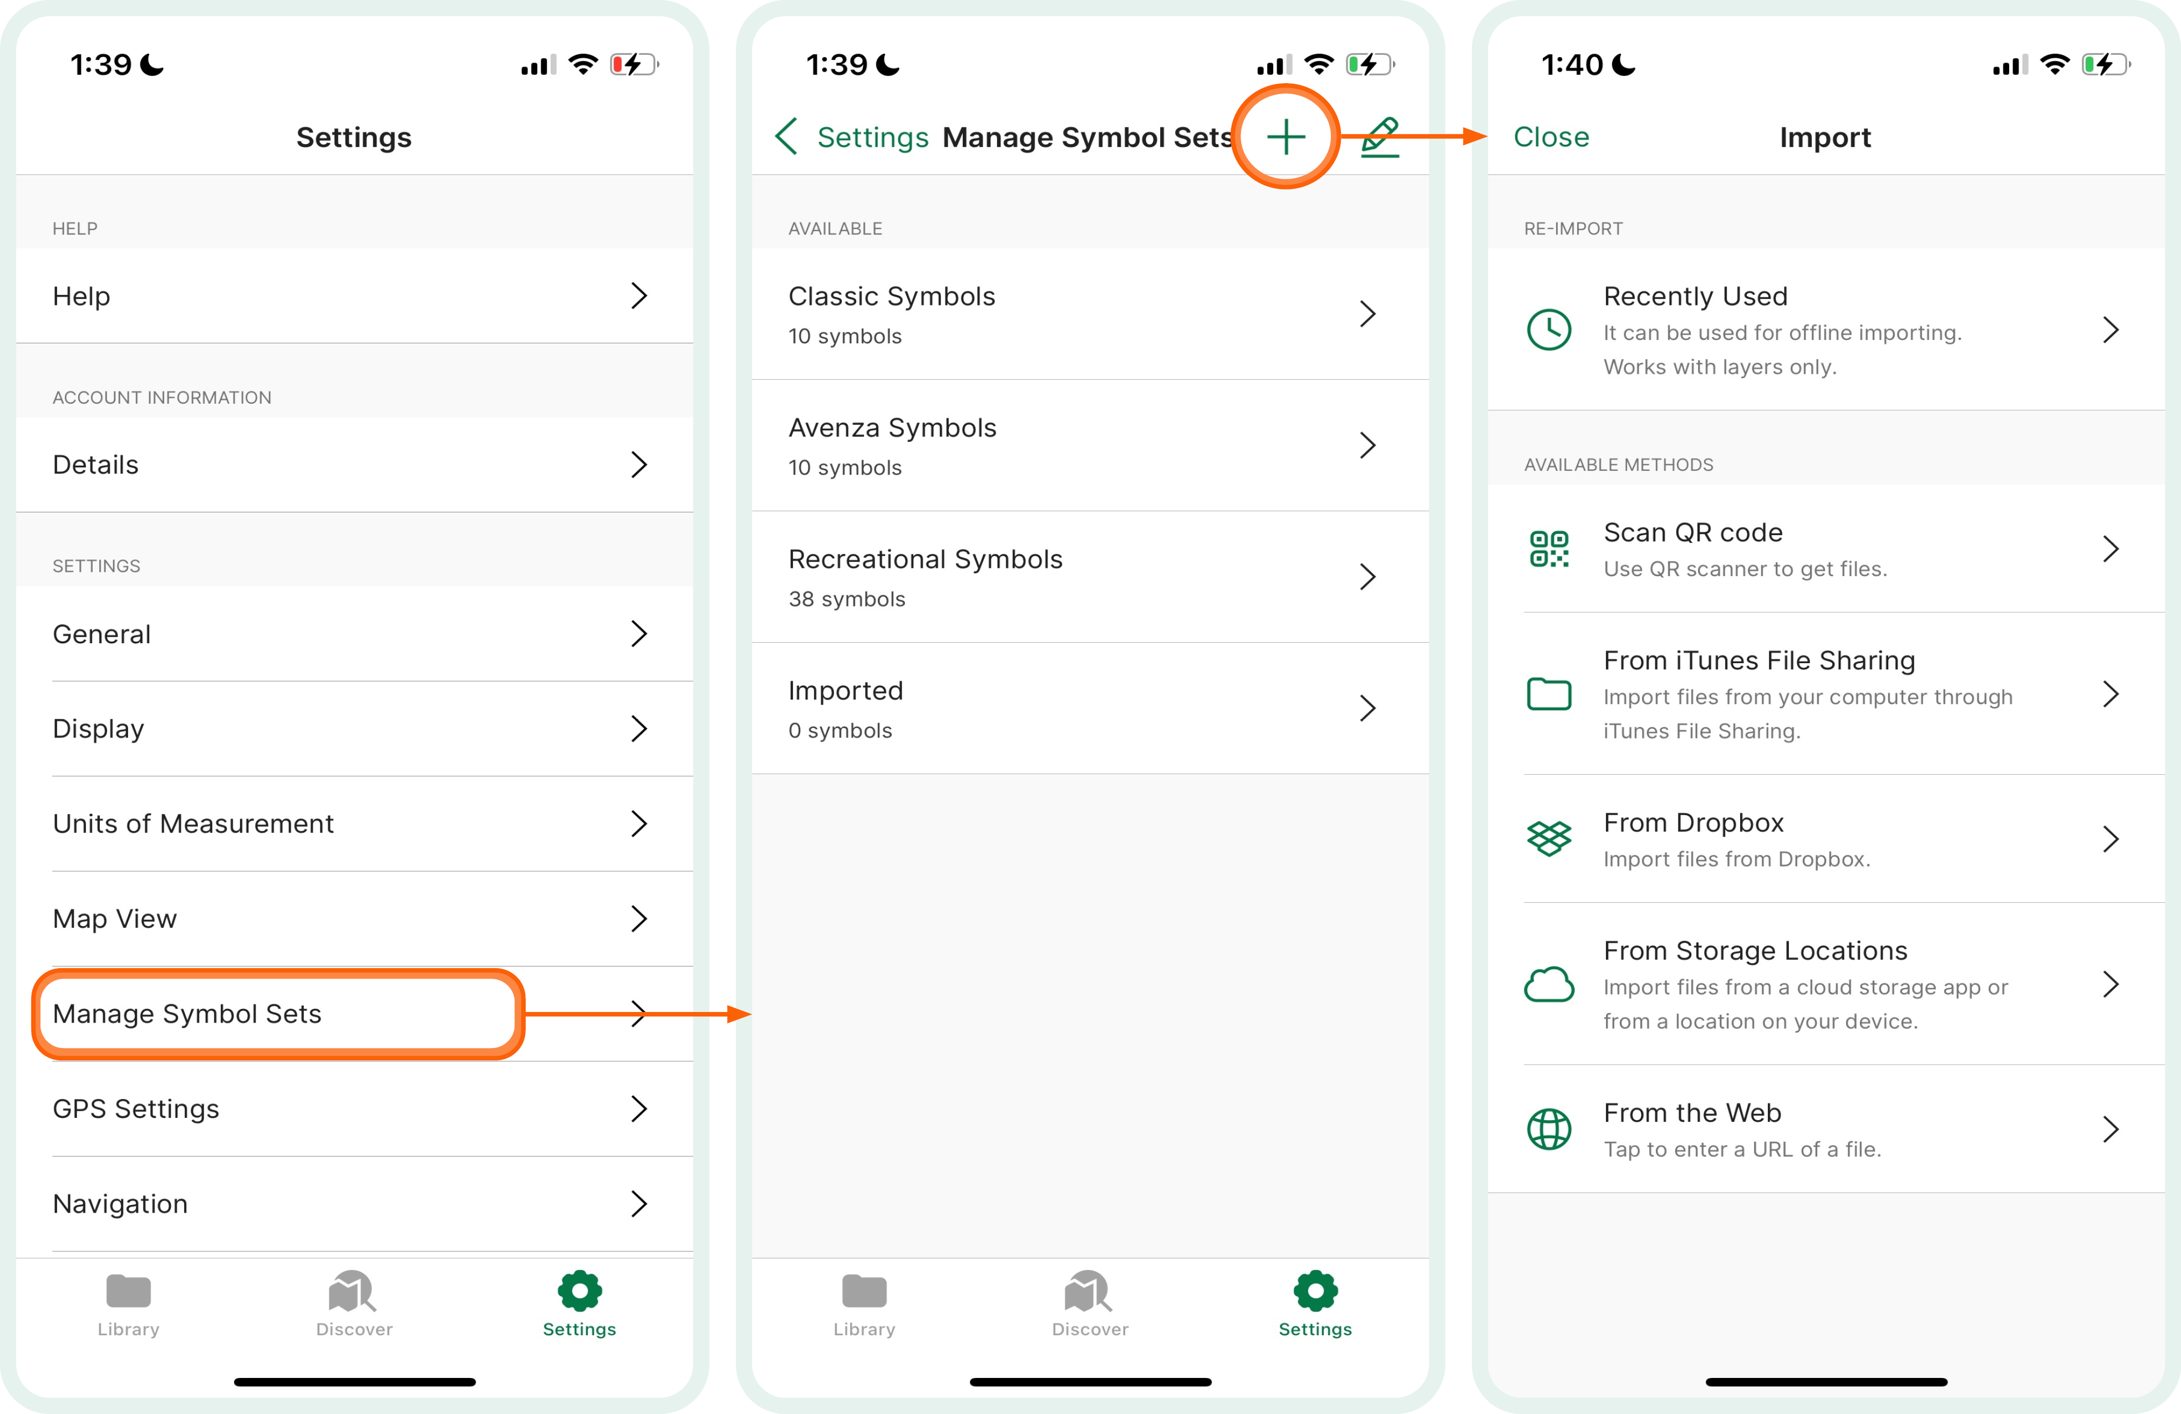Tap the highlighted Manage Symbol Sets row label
click(187, 1014)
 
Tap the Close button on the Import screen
click(1550, 136)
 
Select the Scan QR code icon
click(1549, 549)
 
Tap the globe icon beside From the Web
click(1549, 1129)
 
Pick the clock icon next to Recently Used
click(1549, 329)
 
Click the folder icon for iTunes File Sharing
click(1549, 694)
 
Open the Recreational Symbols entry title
click(924, 559)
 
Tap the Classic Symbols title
click(891, 296)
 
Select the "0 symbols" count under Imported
click(840, 730)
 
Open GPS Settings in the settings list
click(136, 1109)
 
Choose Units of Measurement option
click(192, 824)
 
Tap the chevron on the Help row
click(639, 296)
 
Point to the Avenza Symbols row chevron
click(1368, 445)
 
